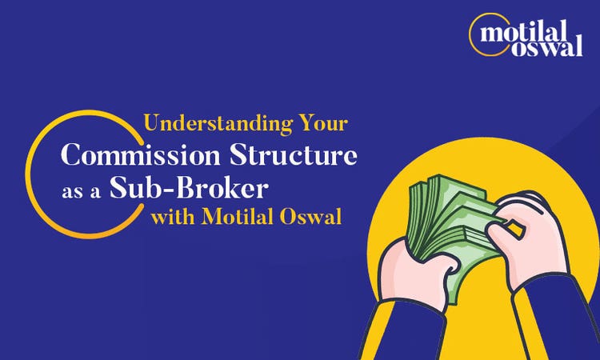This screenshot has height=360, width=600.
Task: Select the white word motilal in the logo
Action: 531,33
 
